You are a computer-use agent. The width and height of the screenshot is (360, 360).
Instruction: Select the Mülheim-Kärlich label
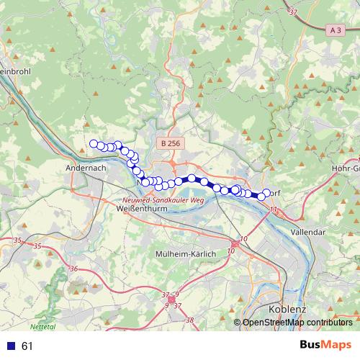(x=185, y=254)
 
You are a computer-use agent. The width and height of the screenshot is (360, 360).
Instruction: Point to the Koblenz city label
(x=287, y=309)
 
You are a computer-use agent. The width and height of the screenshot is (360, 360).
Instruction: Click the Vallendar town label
(x=307, y=232)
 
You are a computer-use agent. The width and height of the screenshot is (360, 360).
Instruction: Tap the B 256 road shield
(x=170, y=144)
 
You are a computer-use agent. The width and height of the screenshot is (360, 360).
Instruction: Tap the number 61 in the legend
(x=27, y=346)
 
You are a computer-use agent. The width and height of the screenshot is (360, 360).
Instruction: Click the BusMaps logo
(x=325, y=346)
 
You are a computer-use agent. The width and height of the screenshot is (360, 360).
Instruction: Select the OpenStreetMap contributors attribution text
(x=297, y=323)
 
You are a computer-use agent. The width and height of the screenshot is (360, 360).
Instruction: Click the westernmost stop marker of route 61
(x=93, y=144)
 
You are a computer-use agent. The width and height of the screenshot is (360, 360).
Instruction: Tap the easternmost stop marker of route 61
(x=266, y=192)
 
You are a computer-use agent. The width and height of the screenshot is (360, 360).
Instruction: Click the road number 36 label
(x=73, y=269)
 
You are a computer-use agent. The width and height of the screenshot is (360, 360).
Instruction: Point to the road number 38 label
(x=189, y=319)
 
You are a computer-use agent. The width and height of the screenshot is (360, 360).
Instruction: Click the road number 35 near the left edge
(x=17, y=239)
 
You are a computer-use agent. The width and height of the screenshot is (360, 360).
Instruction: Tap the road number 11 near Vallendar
(x=272, y=210)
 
